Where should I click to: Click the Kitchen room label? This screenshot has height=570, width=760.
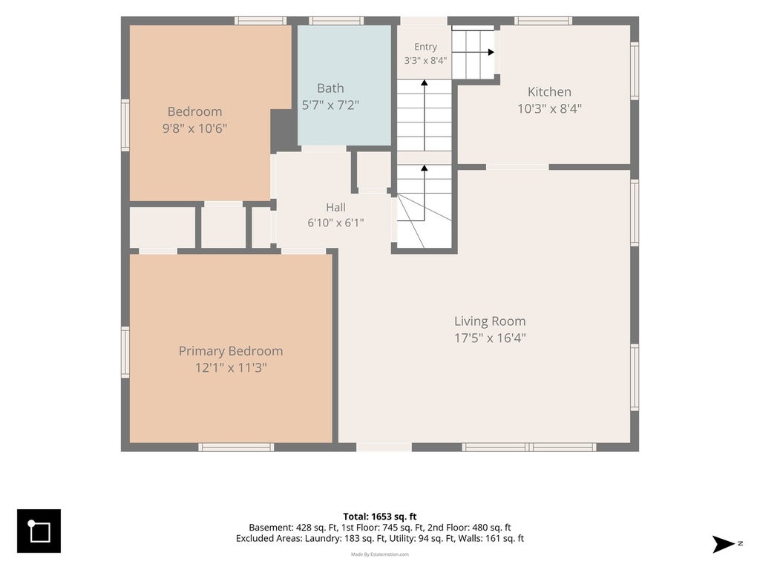[549, 91]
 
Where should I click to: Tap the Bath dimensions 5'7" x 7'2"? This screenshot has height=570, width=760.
[330, 105]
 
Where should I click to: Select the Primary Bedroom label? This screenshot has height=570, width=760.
[231, 351]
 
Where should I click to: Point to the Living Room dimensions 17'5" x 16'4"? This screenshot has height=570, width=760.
[490, 338]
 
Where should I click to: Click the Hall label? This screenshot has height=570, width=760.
[336, 208]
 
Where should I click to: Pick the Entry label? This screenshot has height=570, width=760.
[425, 47]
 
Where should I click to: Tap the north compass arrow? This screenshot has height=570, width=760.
[724, 544]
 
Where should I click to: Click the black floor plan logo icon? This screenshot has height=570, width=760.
[39, 531]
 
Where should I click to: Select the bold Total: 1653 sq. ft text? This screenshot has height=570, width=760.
[380, 517]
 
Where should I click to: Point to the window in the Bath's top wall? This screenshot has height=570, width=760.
[337, 20]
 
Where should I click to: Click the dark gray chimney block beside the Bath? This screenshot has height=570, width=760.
[284, 131]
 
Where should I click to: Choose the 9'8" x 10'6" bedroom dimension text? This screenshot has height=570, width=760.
[195, 128]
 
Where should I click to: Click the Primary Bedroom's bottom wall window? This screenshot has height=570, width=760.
[236, 447]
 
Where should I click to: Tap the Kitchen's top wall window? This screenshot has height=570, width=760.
[543, 20]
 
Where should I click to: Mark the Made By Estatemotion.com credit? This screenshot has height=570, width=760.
[380, 554]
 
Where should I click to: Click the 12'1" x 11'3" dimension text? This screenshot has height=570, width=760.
[231, 368]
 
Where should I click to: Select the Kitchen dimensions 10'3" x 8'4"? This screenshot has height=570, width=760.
[550, 108]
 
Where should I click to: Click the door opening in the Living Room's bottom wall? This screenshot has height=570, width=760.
[384, 447]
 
